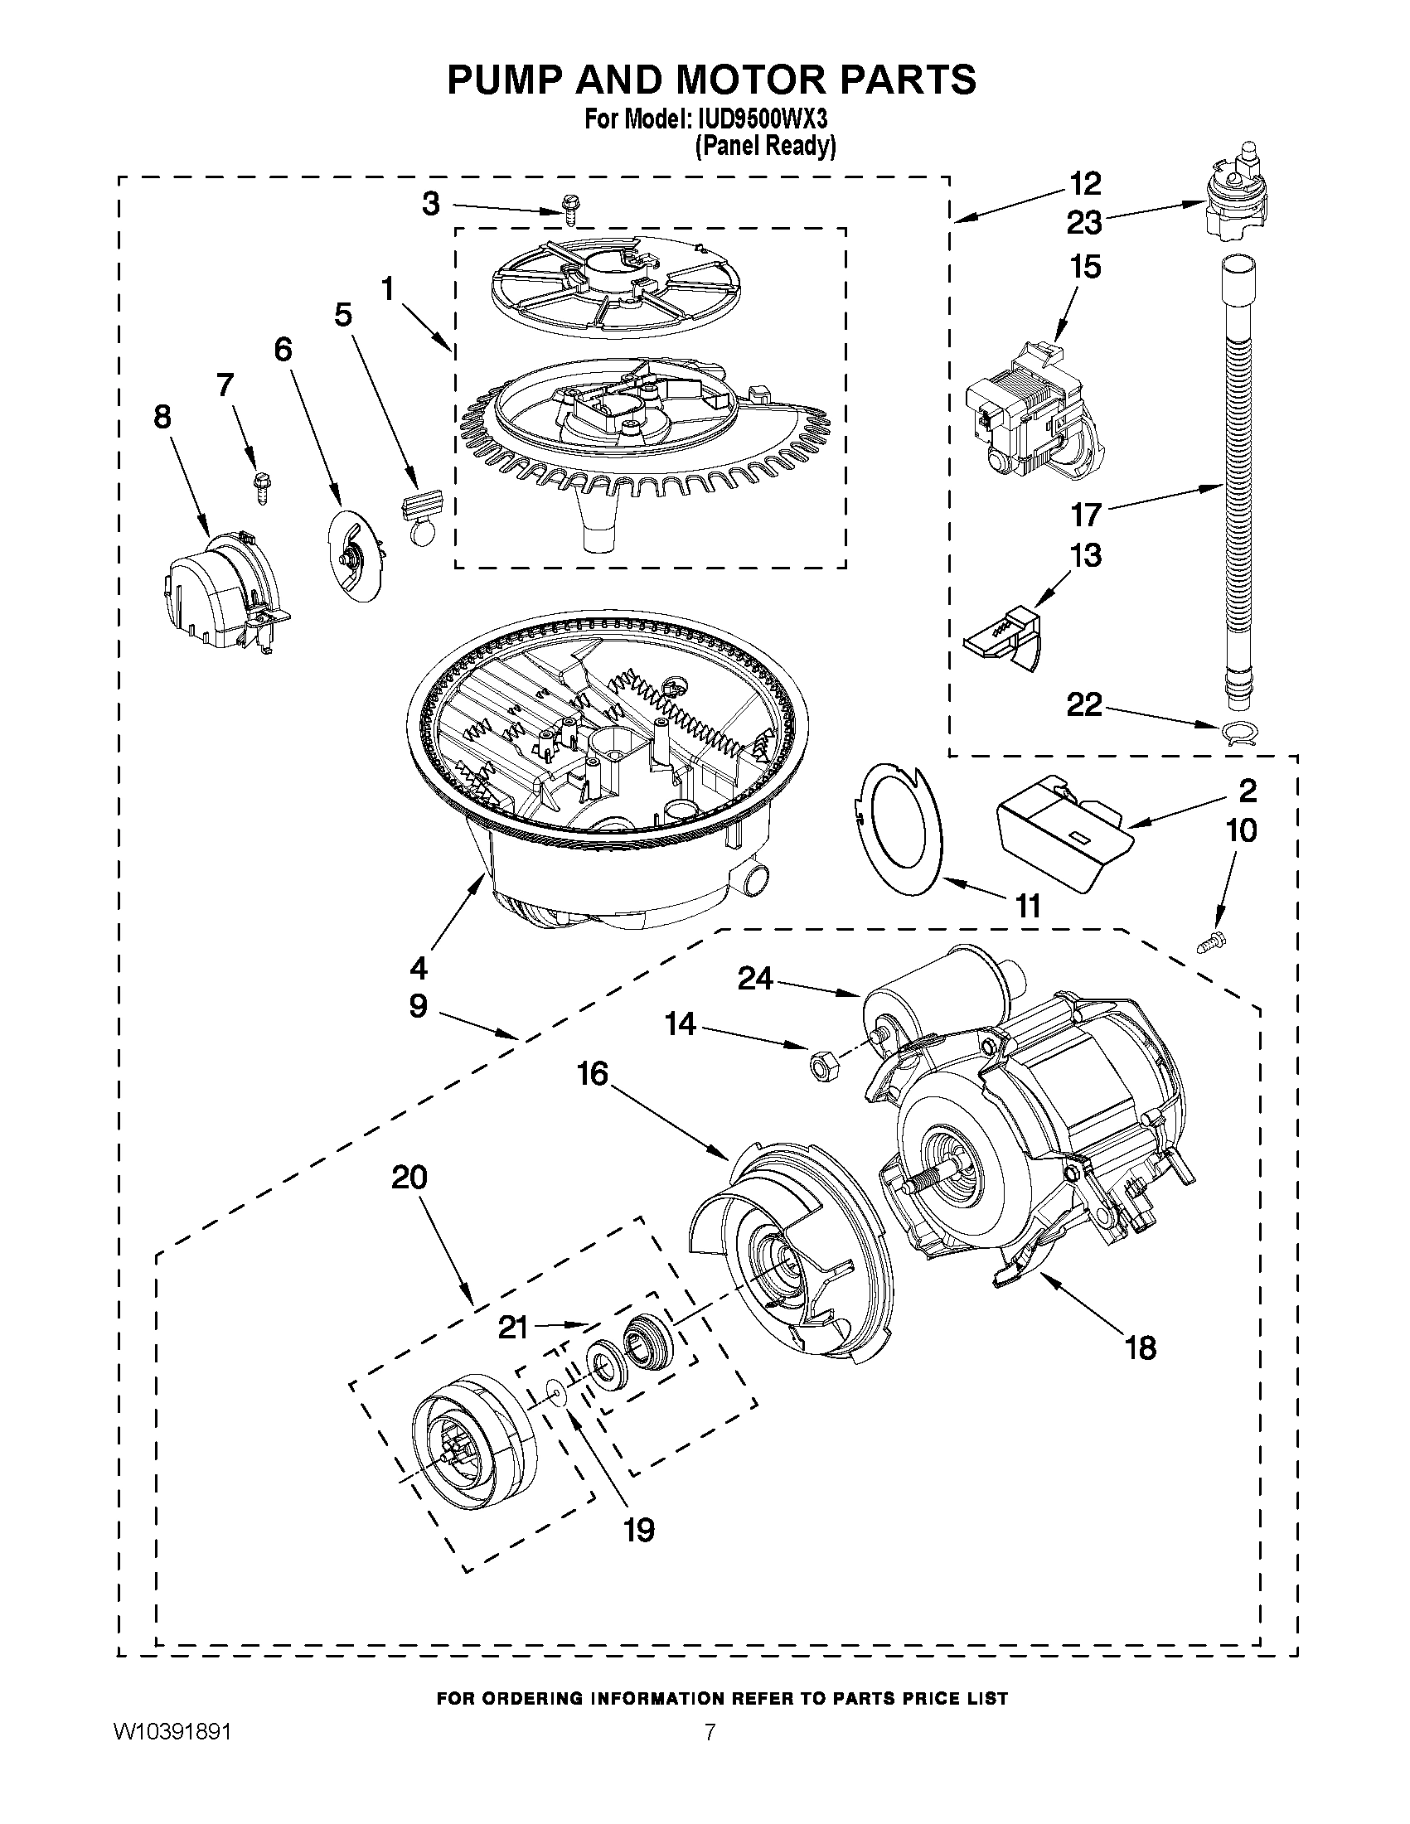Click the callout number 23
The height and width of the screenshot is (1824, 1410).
pos(1084,223)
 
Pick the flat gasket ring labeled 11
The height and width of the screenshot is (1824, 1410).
pos(898,827)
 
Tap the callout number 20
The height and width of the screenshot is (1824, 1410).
pos(409,1178)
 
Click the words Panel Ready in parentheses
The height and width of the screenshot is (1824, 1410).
pos(765,147)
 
